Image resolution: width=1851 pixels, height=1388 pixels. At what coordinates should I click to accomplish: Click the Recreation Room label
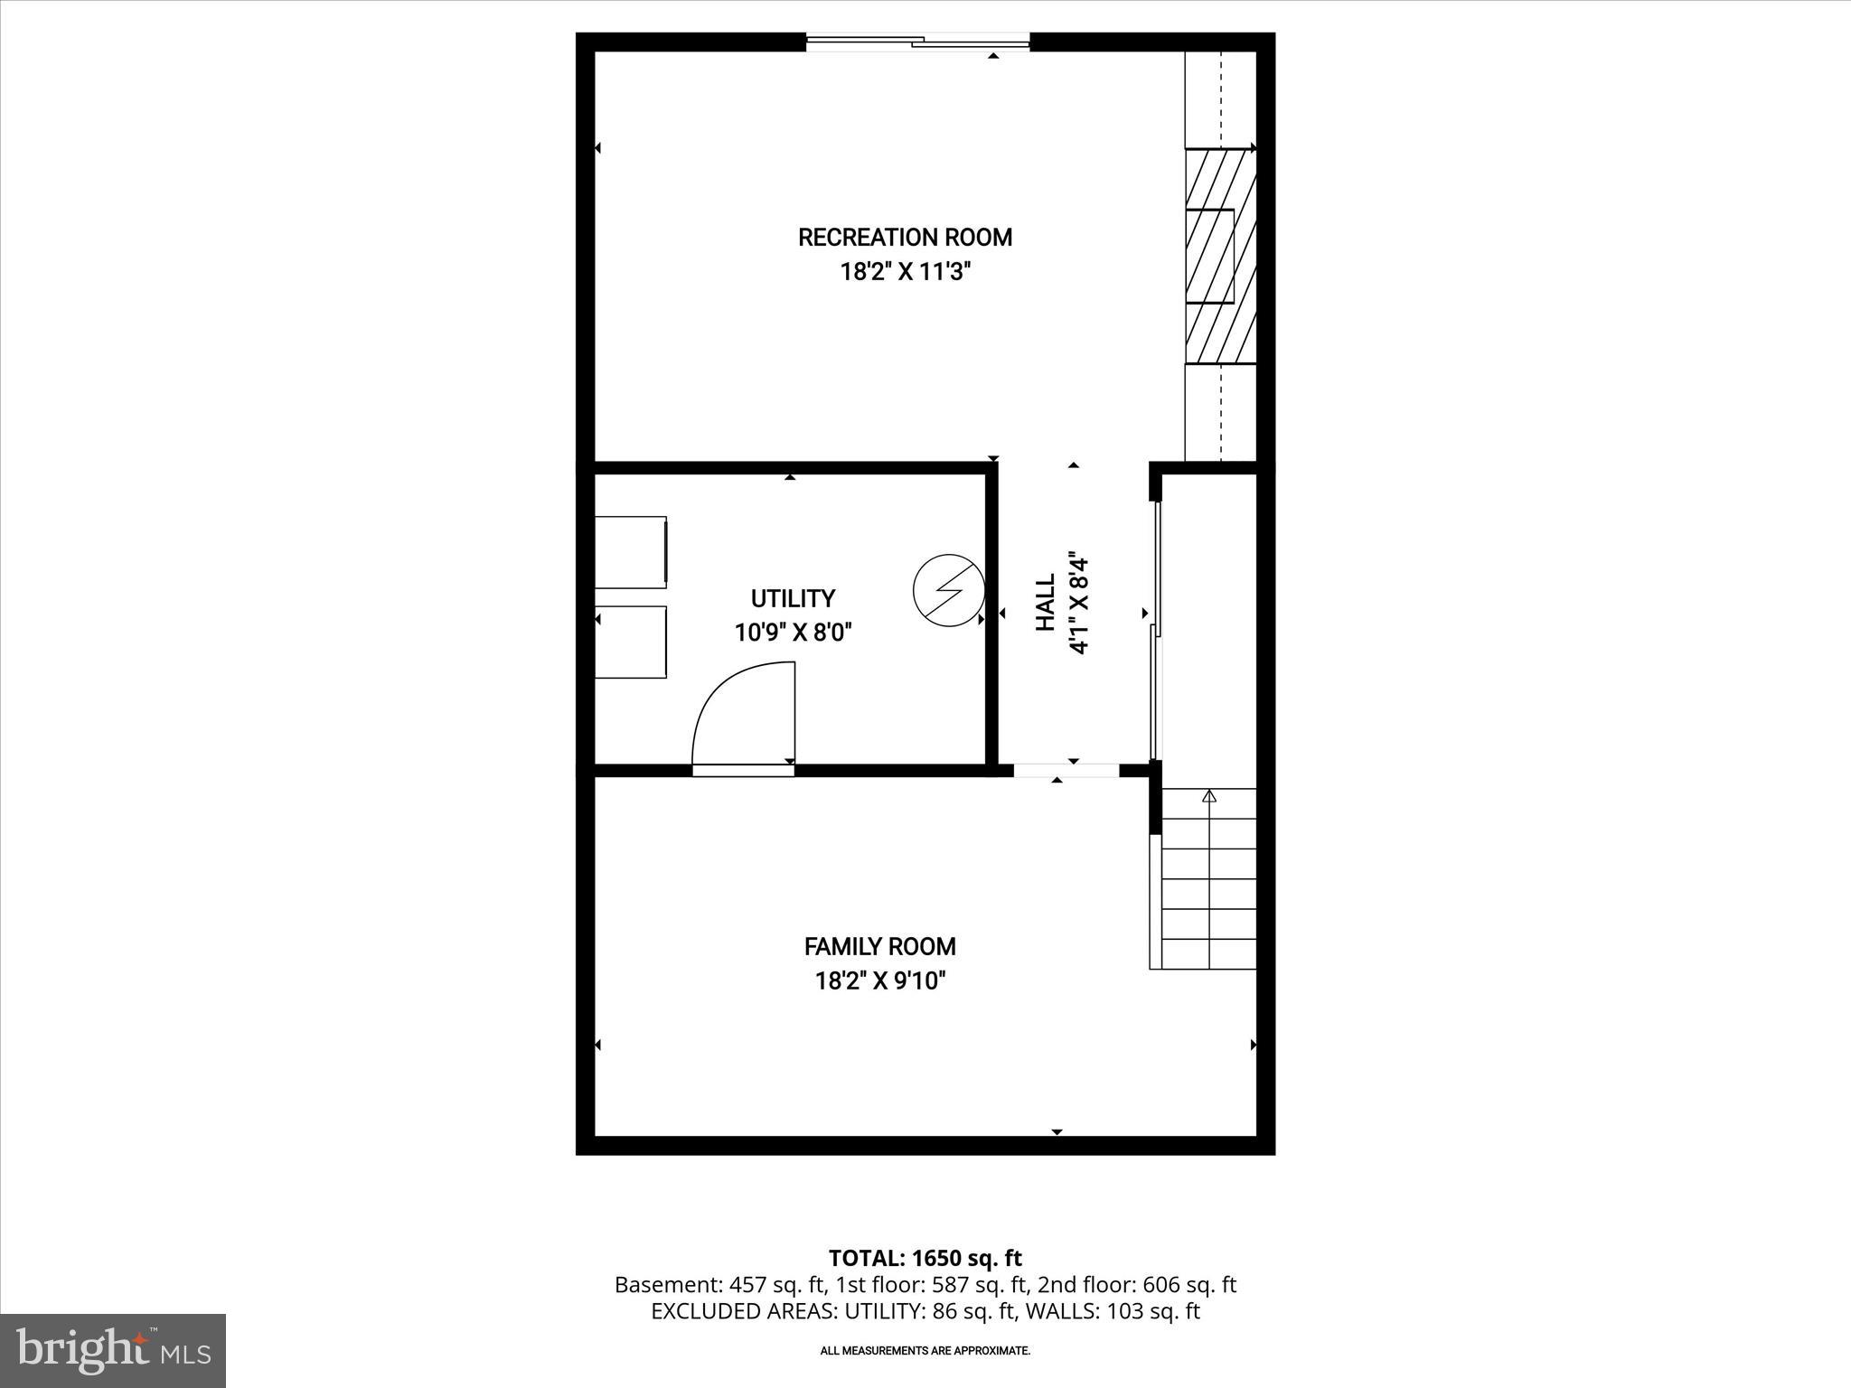905,238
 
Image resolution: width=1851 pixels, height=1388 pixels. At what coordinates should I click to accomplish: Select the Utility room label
793,598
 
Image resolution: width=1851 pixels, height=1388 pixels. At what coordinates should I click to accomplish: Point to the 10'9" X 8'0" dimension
793,632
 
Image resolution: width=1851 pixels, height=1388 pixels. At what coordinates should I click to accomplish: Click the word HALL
1046,603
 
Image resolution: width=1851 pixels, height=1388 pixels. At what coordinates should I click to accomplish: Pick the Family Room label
879,946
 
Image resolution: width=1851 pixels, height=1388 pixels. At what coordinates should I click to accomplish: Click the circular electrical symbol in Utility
948,590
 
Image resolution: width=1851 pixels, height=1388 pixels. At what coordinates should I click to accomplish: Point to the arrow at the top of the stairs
1209,797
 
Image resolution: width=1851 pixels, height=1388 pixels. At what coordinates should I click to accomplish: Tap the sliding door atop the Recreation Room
917,42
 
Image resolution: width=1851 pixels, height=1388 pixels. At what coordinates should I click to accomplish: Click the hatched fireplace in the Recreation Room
1220,256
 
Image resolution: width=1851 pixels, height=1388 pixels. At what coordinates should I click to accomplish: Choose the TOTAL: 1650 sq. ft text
925,1258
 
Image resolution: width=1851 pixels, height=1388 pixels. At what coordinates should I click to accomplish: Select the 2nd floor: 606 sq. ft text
1136,1285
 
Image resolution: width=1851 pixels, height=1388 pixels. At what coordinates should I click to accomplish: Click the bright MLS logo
113,1350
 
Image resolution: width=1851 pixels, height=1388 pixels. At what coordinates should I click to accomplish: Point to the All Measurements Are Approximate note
925,1351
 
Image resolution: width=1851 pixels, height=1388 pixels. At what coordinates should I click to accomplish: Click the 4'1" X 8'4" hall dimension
1078,603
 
